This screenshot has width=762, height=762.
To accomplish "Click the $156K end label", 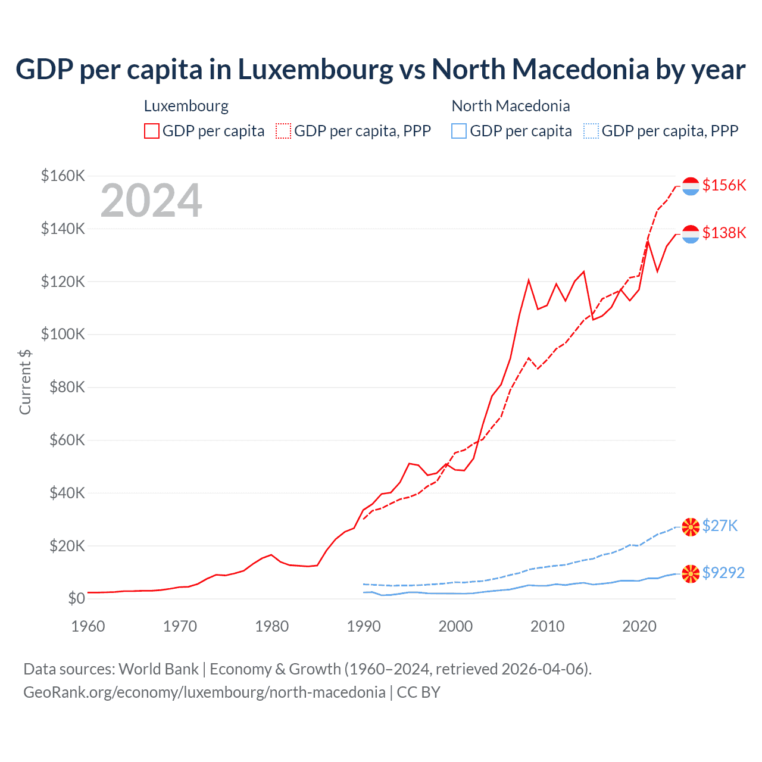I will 724,185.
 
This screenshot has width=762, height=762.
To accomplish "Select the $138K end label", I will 724,233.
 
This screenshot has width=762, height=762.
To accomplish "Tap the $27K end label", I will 720,526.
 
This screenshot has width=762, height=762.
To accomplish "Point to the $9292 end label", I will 723,573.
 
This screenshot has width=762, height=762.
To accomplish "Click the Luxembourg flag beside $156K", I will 691,186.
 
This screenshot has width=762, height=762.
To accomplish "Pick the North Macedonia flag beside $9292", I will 691,574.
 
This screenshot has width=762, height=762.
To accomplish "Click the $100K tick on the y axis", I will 63,334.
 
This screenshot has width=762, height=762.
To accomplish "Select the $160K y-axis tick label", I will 63,176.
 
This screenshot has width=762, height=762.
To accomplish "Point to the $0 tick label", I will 76,598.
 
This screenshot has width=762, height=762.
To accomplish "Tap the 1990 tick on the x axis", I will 364,626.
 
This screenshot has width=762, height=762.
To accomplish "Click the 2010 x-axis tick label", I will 547,626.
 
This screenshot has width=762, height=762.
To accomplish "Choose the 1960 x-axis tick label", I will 88,626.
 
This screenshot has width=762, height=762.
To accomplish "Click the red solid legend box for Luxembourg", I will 152,131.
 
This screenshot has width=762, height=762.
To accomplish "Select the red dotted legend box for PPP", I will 283,131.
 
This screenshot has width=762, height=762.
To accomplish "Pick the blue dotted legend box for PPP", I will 591,131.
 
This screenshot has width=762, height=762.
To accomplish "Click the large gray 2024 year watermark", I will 151,201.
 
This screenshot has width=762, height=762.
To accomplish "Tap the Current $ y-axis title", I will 25,382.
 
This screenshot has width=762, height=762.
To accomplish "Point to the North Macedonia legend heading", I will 511,106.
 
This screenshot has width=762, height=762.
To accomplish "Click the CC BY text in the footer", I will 419,692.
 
